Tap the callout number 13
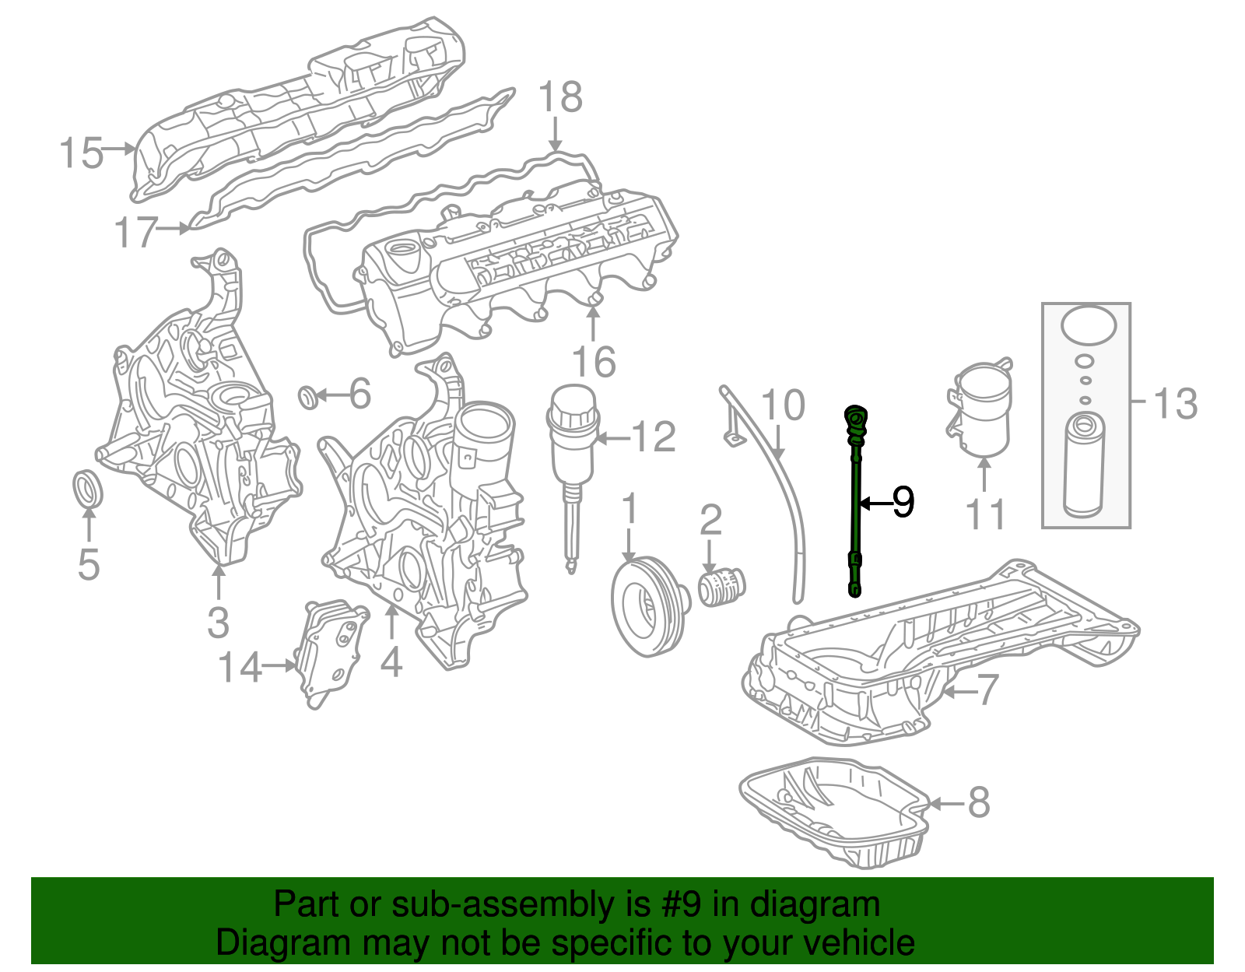tap(1176, 403)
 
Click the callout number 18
tap(560, 97)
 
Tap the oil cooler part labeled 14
tap(330, 652)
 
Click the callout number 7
tap(987, 690)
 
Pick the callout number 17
tap(135, 232)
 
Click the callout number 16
tap(594, 361)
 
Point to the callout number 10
tap(782, 405)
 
